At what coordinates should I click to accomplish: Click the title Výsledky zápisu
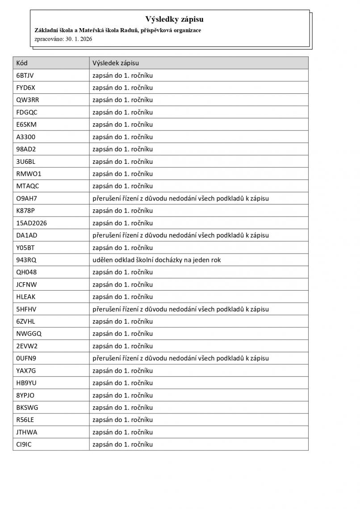[174, 19]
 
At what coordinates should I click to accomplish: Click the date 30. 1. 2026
[78, 39]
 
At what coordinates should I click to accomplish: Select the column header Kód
[22, 63]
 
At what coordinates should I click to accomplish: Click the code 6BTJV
[25, 75]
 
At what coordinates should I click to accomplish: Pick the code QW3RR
[27, 100]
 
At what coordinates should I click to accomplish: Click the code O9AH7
[26, 198]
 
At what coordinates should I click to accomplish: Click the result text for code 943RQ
[156, 260]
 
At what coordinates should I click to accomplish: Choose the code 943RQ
[25, 260]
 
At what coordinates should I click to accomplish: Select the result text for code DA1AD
[180, 235]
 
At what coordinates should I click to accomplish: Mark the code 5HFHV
[26, 309]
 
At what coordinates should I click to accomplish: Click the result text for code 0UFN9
[180, 358]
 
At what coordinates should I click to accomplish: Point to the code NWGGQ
[29, 334]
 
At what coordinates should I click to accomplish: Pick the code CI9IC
[24, 444]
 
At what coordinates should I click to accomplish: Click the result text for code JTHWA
[122, 432]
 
